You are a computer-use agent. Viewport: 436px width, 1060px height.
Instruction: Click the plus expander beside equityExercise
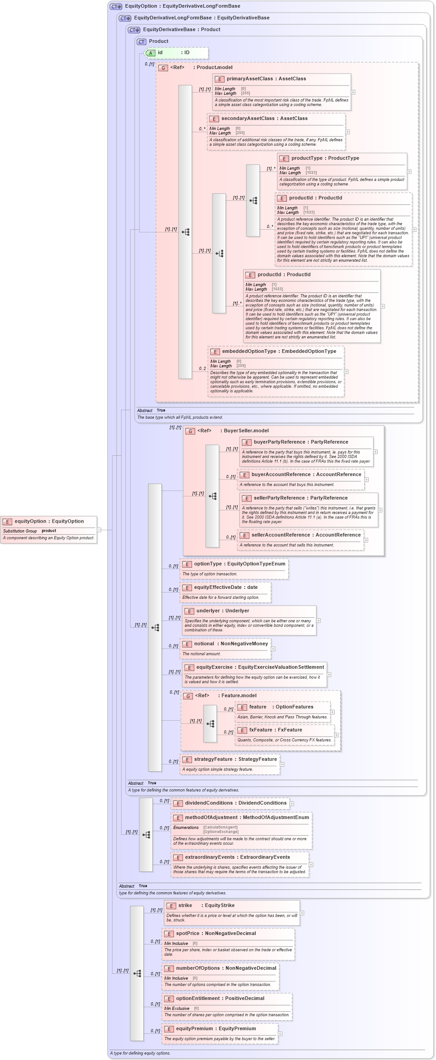pos(329,675)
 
